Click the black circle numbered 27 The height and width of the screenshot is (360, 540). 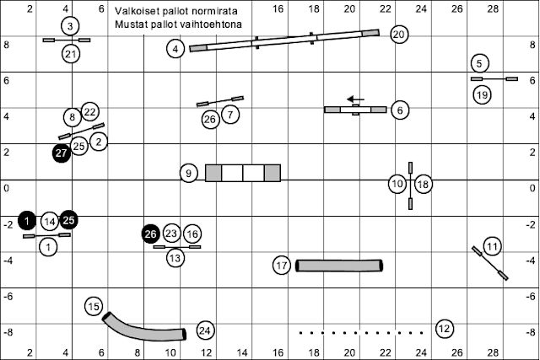click(x=61, y=153)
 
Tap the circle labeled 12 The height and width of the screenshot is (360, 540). click(x=445, y=328)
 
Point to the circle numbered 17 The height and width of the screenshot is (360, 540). click(x=282, y=266)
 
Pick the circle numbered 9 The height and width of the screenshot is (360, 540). click(x=190, y=174)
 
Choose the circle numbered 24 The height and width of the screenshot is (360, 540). click(x=205, y=330)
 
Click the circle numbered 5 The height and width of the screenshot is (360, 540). click(x=479, y=63)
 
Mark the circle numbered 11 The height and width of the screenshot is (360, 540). click(x=492, y=246)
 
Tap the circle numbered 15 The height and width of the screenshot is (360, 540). click(x=94, y=307)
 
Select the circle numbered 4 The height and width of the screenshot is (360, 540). click(x=175, y=50)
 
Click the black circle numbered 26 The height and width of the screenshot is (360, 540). click(x=151, y=234)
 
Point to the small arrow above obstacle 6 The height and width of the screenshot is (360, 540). click(x=355, y=99)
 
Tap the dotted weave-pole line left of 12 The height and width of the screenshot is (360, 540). click(x=360, y=332)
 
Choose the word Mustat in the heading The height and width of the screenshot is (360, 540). click(x=135, y=24)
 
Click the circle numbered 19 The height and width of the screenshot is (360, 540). click(x=482, y=95)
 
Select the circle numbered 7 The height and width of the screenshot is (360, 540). click(x=231, y=112)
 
